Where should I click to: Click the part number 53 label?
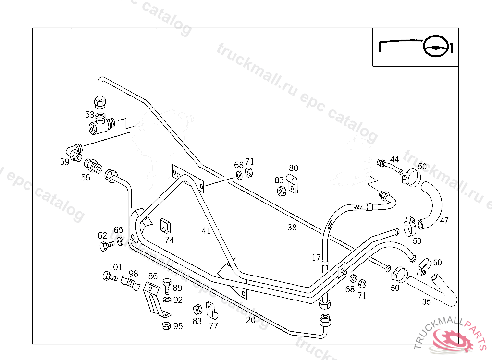pos(89,114)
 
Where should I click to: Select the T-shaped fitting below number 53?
pos(99,124)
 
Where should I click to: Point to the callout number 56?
pos(85,177)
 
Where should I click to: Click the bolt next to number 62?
pos(107,246)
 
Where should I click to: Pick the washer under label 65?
pos(119,240)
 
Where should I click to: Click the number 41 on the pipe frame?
pos(206,231)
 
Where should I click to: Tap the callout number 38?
pos(292,228)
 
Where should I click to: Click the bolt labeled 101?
pos(110,276)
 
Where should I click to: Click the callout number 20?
pos(250,320)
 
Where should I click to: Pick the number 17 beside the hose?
pos(316,258)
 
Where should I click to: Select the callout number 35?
pos(426,302)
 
